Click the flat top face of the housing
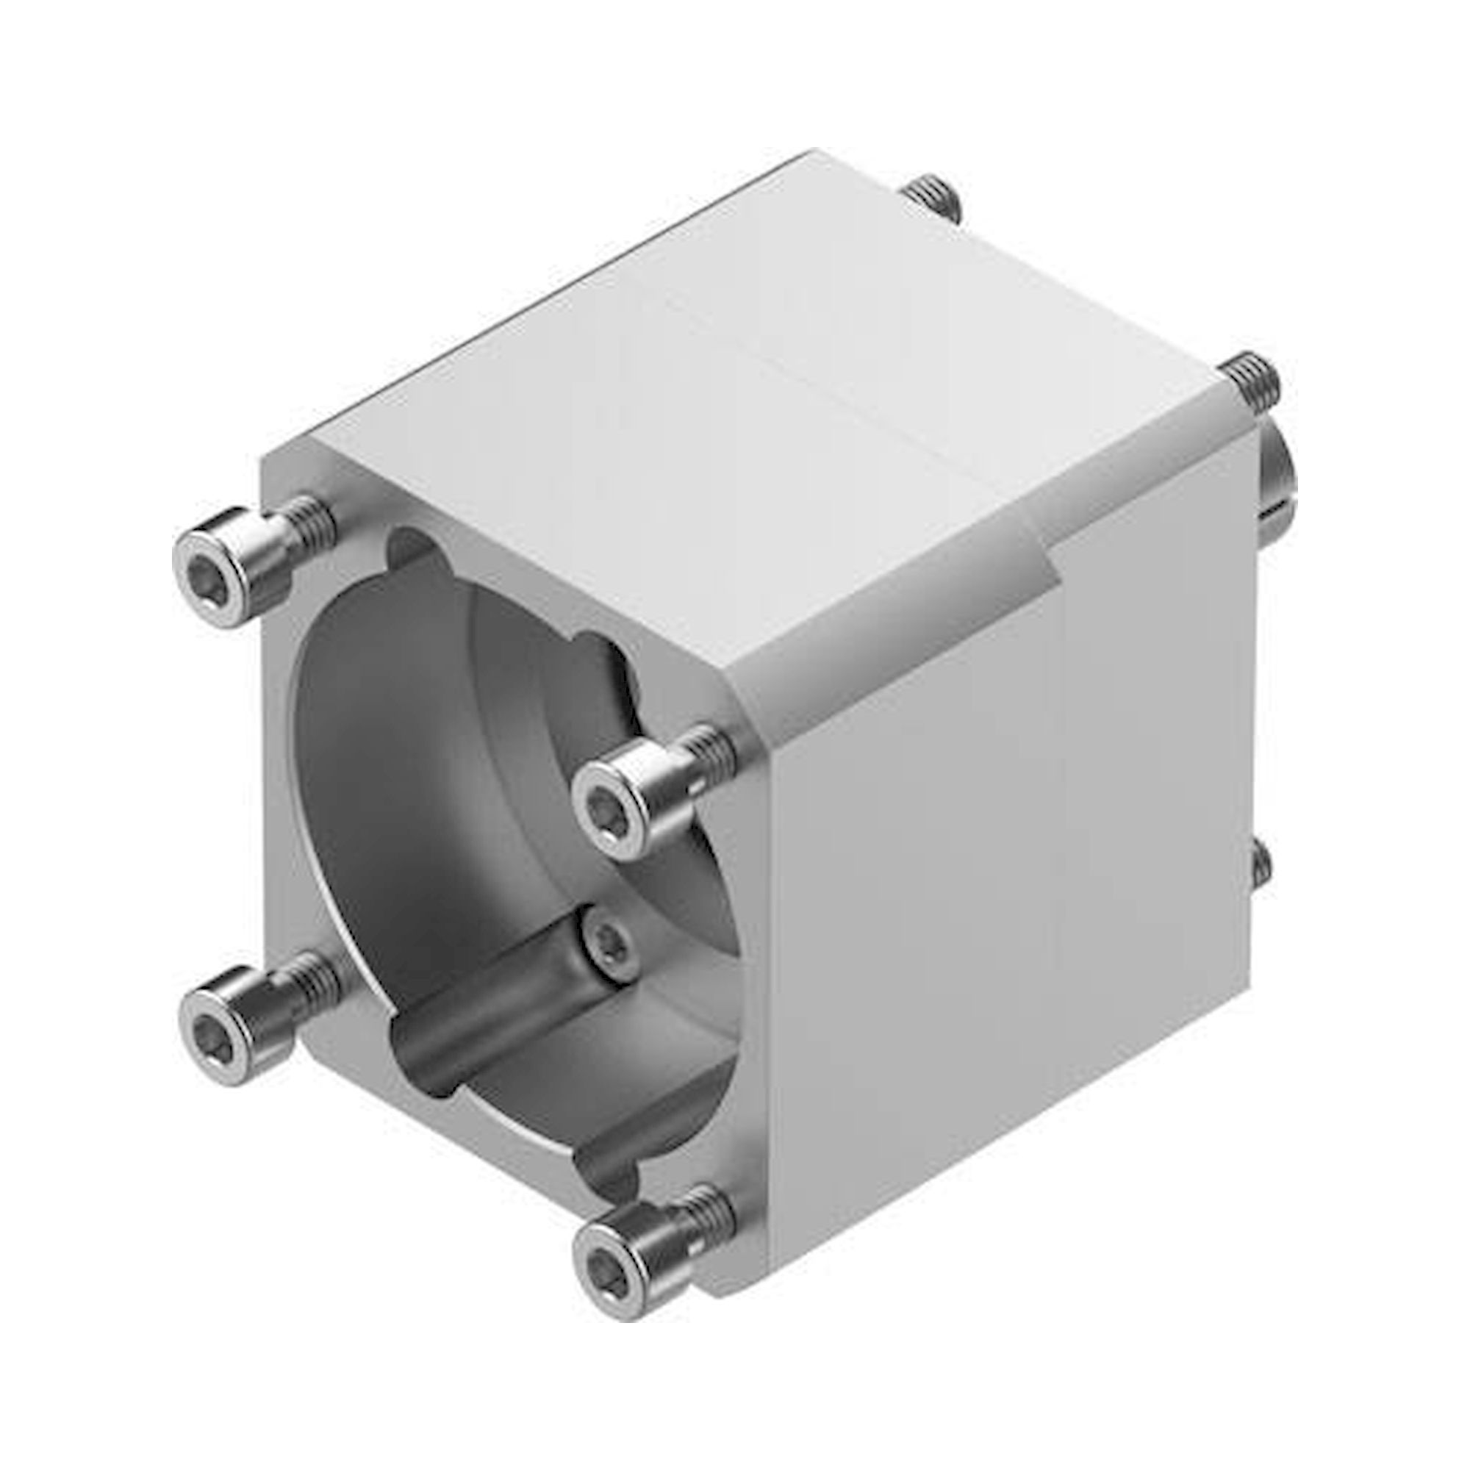(x=685, y=381)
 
